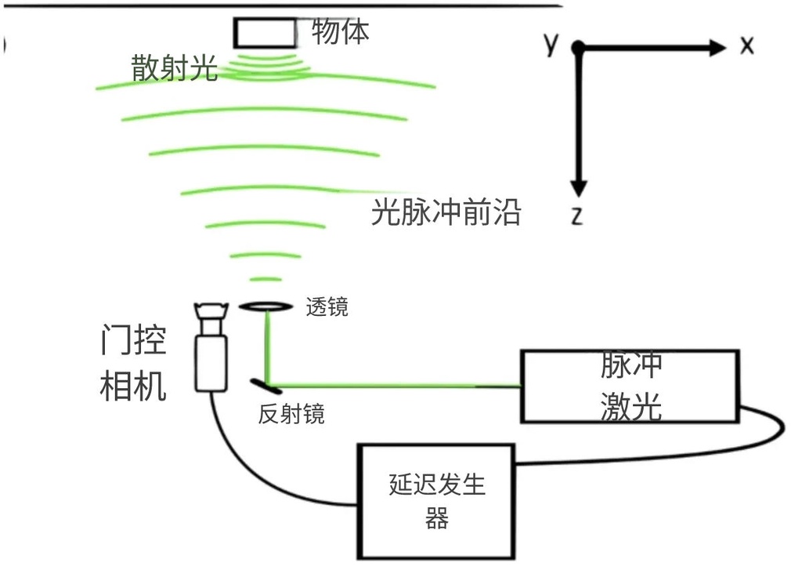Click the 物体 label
340,31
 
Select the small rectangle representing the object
265,33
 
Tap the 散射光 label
174,70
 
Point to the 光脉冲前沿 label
446,212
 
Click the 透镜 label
327,308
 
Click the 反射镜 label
291,414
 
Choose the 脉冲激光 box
630,386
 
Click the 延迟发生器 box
436,501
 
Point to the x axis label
746,46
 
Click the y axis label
552,44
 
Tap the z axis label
577,216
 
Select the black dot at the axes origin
578,48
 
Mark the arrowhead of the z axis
578,188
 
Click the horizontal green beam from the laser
392,385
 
